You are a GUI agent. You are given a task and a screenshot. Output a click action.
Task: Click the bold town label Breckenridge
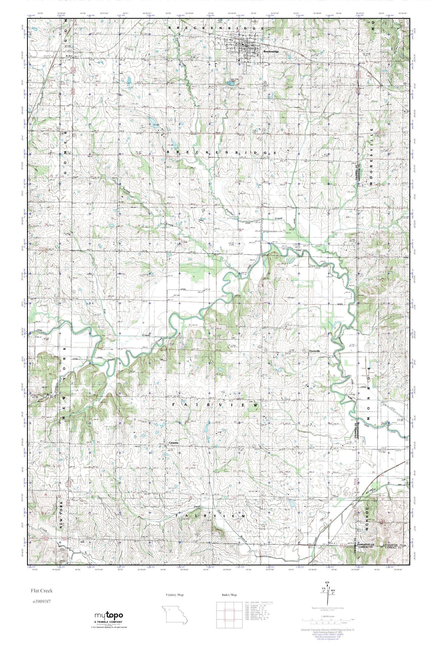click(x=271, y=52)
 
